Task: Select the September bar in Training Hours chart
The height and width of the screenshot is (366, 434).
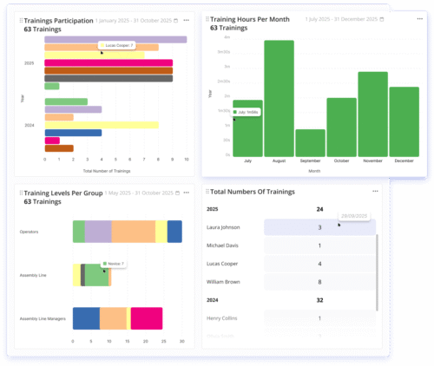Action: [310, 142]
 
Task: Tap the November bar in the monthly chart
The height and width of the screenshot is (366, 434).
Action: [372, 114]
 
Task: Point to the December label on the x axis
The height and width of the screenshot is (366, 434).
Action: [404, 161]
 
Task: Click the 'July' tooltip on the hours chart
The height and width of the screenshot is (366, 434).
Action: [247, 112]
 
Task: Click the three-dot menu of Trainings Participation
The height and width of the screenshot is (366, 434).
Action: [187, 19]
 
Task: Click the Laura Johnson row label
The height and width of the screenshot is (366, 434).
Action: [224, 228]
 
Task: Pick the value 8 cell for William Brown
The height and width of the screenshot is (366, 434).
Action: [319, 282]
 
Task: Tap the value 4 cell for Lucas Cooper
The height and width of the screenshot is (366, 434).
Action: [319, 264]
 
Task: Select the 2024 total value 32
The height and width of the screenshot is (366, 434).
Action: [319, 300]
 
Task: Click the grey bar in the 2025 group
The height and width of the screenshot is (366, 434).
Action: [108, 78]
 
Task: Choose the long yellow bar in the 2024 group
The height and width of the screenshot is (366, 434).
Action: [101, 125]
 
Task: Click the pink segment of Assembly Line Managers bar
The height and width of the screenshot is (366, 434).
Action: [147, 318]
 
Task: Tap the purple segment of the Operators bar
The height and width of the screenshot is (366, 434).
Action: [98, 232]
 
